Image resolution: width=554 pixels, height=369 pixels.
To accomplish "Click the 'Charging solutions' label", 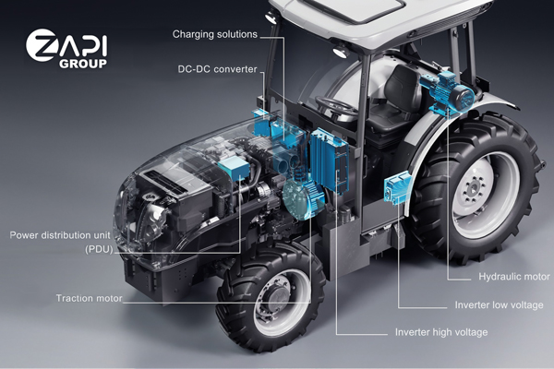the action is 215,34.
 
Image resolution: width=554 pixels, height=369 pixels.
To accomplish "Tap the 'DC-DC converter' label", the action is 217,69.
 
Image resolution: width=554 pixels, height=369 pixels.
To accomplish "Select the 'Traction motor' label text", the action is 89,298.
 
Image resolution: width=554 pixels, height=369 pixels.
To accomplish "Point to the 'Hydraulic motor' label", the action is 514,277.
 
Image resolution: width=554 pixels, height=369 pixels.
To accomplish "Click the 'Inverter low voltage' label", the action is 499,304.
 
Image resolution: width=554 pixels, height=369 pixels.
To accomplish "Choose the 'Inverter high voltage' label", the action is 441,332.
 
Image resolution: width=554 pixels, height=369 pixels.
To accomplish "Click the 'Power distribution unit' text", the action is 60,235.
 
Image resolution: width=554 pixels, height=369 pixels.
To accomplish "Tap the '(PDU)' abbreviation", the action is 99,249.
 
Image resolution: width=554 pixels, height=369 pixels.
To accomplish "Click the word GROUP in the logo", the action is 83,64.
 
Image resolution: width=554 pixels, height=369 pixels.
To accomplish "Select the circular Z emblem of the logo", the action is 41,45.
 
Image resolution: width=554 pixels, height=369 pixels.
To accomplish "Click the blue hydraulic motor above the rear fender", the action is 447,91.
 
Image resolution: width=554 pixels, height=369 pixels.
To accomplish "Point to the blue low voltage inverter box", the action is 397,186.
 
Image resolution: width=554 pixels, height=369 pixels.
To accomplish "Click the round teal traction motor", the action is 303,198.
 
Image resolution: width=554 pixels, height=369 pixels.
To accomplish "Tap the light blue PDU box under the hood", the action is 234,168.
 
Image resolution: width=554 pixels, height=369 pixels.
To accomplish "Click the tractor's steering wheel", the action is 336,105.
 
